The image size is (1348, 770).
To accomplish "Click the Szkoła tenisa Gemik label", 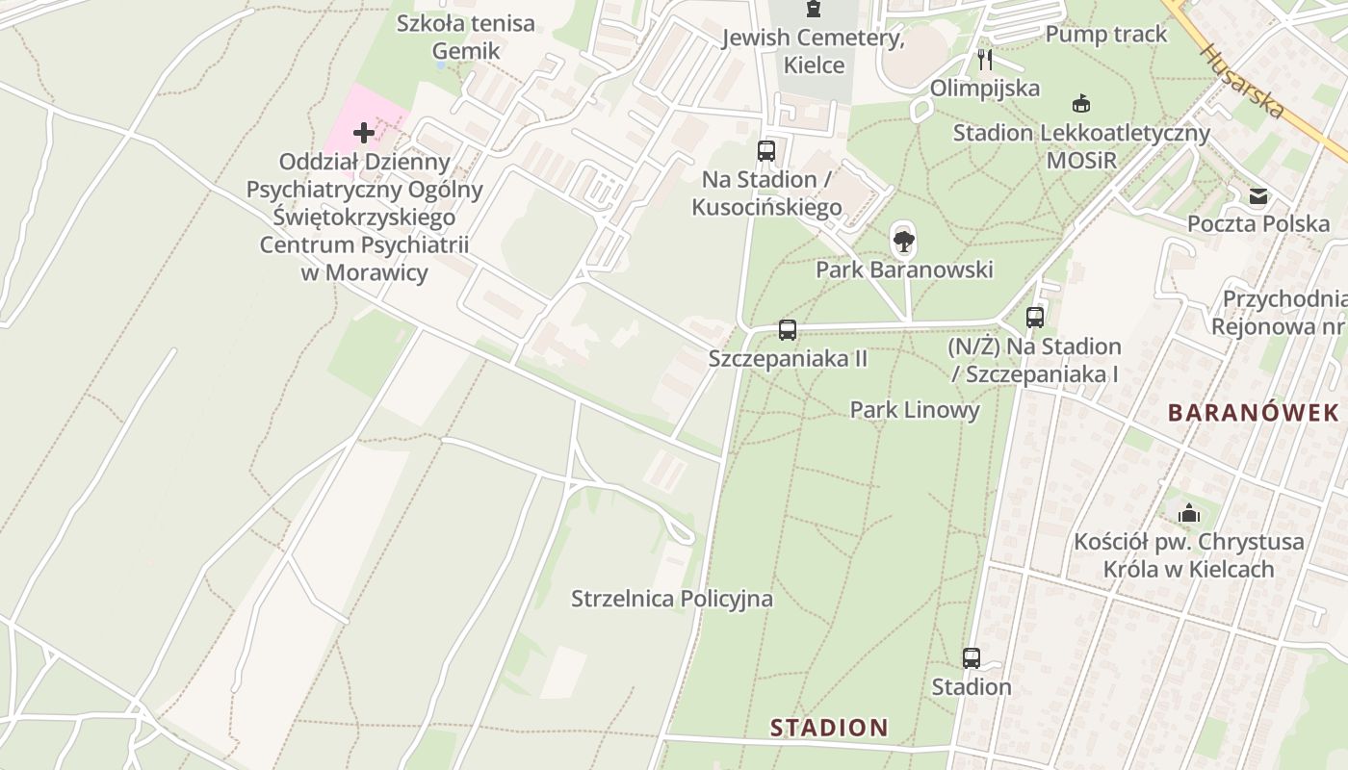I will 465,37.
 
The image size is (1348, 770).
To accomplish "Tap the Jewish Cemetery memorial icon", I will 815,10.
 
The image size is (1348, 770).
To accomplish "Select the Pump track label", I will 1105,35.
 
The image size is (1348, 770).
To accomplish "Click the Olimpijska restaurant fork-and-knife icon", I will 984,60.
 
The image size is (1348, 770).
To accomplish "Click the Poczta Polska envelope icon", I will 1257,197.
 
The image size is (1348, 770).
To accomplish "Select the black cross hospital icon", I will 364,132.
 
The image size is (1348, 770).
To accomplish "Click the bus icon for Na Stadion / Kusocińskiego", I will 766,151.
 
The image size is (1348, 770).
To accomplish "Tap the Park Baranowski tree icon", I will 903,240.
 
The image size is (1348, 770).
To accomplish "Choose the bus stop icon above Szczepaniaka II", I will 788,330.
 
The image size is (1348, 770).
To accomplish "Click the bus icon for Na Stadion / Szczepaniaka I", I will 1035,317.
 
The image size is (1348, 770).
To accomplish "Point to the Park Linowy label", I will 914,410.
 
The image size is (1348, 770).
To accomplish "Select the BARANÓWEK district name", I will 1253,413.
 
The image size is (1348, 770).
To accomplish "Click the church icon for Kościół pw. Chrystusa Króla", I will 1189,513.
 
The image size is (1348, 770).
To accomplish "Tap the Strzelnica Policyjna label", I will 671,599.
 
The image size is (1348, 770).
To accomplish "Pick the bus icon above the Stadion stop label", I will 972,658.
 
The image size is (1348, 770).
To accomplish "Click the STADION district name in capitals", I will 828,728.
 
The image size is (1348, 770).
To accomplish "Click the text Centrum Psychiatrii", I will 364,244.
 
